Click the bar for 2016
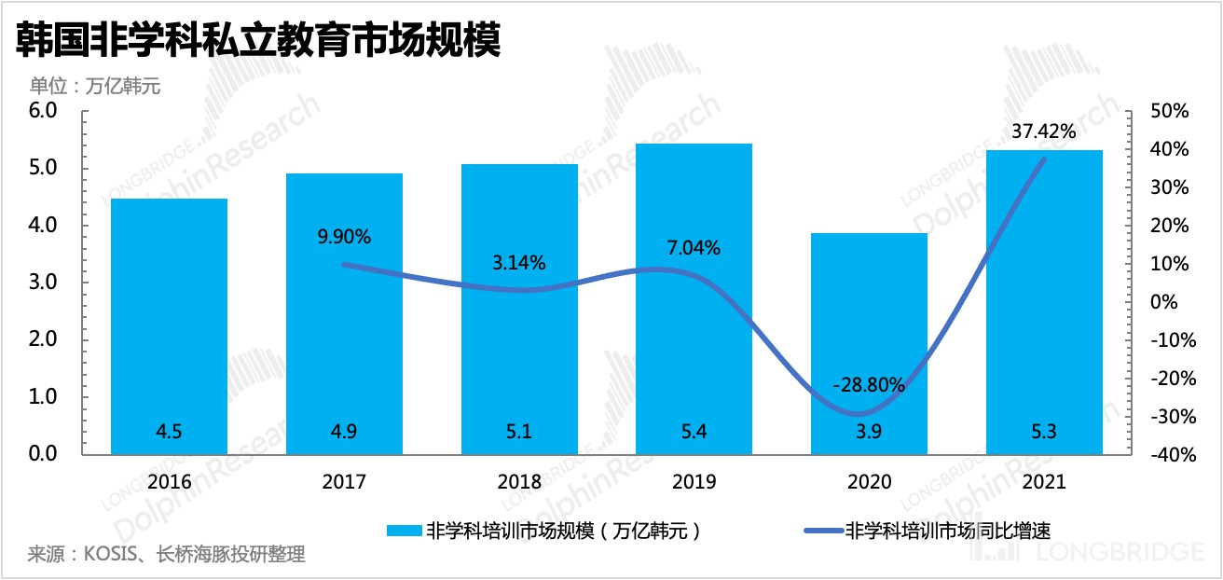[169, 326]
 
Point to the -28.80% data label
[869, 382]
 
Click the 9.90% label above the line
[344, 237]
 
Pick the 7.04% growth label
[694, 248]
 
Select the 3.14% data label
[518, 263]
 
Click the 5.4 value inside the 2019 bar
[694, 432]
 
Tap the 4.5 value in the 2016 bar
[169, 432]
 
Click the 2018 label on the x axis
[519, 482]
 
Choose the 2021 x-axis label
[1044, 482]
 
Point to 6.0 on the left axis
[45, 111]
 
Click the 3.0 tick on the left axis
[45, 283]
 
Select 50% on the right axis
[1170, 111]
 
